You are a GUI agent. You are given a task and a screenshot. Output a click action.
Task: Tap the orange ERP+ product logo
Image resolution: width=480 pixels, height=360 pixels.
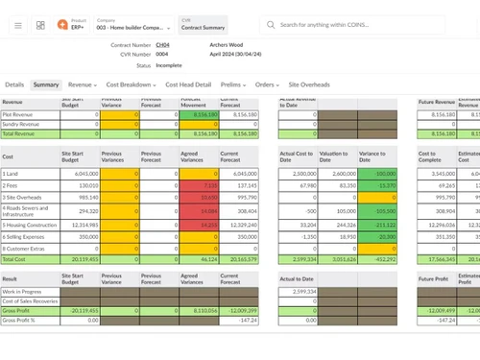point(62,23)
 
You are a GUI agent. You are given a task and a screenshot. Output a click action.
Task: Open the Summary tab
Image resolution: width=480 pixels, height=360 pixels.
point(46,84)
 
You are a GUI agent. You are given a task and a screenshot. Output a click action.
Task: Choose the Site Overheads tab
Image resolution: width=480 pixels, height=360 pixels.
point(309,84)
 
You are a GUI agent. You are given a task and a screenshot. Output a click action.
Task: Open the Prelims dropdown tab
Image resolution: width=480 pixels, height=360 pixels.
point(233,84)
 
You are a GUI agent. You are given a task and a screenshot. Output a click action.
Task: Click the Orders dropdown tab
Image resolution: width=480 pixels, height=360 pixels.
point(267,84)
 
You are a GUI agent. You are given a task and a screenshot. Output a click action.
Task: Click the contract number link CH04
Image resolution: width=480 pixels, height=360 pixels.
point(162,45)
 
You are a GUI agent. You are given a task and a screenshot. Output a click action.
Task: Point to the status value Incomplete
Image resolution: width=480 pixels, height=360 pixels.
point(168,65)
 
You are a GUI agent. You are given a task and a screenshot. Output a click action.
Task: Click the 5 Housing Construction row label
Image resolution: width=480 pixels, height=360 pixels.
point(29,223)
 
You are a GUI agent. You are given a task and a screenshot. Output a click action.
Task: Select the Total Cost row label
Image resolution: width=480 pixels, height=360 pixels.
point(14,259)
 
